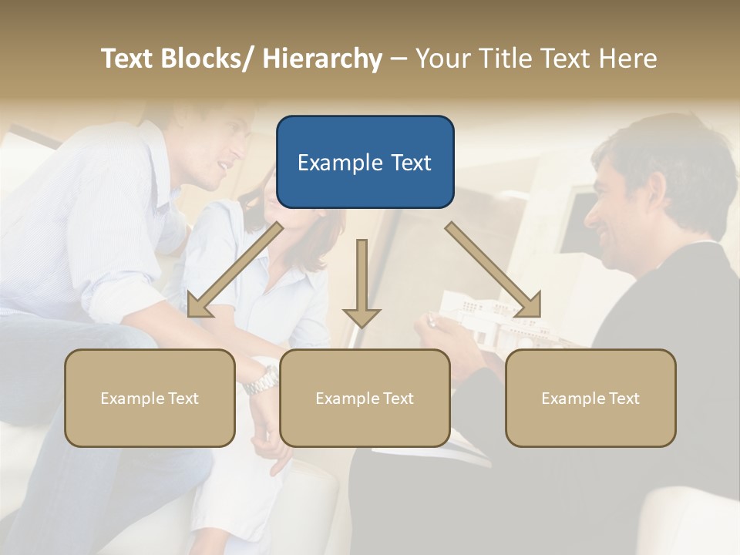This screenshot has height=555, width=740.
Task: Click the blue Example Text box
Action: [365, 162]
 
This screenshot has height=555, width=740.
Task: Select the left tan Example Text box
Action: [150, 398]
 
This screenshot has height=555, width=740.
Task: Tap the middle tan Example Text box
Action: [365, 398]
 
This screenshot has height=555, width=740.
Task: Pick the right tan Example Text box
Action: [590, 398]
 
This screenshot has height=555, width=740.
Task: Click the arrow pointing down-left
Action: [234, 270]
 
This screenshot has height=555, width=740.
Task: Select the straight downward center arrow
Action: [362, 281]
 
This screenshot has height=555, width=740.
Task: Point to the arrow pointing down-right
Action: [493, 270]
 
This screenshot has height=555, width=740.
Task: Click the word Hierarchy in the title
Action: [322, 59]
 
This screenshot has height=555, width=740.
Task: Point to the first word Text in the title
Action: [129, 59]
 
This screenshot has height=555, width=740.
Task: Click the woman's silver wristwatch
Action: [264, 379]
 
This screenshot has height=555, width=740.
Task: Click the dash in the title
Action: [399, 59]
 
